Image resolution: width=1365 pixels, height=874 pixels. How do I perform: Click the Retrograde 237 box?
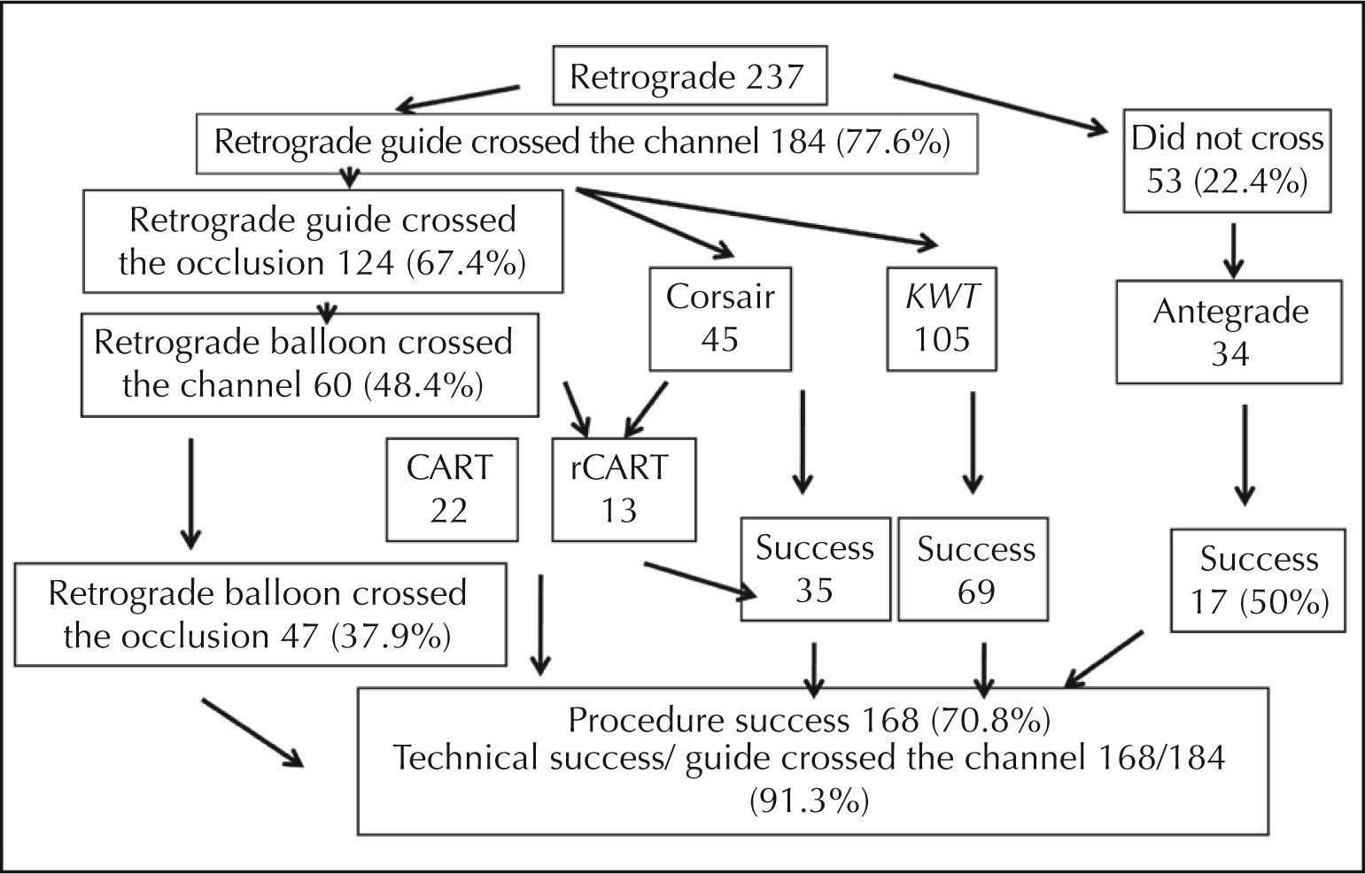point(688,76)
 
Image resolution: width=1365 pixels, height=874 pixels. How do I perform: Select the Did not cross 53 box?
point(1228,160)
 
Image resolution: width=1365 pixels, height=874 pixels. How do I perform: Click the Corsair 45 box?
point(719,317)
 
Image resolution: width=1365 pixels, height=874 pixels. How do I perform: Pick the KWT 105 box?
point(942,317)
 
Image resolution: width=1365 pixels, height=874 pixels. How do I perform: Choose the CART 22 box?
point(451,489)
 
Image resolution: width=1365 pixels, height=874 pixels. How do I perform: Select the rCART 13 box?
point(623,489)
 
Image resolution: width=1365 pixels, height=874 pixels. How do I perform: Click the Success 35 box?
point(815,568)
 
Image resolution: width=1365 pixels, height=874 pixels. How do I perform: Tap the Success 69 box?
point(973,568)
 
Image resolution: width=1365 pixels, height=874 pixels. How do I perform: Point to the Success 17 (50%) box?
point(1258,580)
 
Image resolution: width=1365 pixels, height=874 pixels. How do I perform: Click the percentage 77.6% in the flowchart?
point(893,142)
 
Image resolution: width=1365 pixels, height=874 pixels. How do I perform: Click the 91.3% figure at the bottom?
point(809,801)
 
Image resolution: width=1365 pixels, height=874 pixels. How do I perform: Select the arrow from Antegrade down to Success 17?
point(1245,455)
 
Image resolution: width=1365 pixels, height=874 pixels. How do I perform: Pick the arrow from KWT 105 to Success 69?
point(973,443)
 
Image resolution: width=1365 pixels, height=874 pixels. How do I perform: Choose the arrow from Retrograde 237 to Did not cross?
point(1001,104)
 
